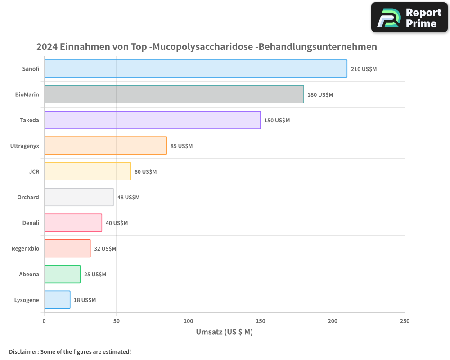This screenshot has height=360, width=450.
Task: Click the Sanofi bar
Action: [195, 69]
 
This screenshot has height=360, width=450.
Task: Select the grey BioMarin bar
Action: [174, 94]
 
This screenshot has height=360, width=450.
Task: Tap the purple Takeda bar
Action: [152, 120]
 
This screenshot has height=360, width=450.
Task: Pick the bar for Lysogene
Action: [57, 300]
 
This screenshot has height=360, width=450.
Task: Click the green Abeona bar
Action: [62, 274]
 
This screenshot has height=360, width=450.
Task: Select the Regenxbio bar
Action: [67, 248]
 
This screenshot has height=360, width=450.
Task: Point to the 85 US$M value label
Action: [181, 146]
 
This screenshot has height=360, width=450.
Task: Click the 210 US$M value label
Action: [364, 69]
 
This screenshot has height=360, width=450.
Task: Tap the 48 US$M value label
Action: [128, 198]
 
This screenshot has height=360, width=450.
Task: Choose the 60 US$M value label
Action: [145, 172]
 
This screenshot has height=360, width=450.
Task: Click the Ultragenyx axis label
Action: [25, 146]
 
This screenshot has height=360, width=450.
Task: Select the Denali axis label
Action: [31, 223]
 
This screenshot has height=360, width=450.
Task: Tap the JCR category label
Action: [34, 171]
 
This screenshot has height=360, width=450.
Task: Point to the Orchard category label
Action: [28, 197]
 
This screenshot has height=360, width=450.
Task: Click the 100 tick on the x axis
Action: [189, 321]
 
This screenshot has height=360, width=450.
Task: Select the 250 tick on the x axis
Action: [405, 321]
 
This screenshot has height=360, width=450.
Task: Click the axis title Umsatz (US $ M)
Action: [224, 332]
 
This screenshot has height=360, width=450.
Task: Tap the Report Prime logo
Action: [409, 18]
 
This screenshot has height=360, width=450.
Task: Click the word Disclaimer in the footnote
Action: [23, 351]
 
